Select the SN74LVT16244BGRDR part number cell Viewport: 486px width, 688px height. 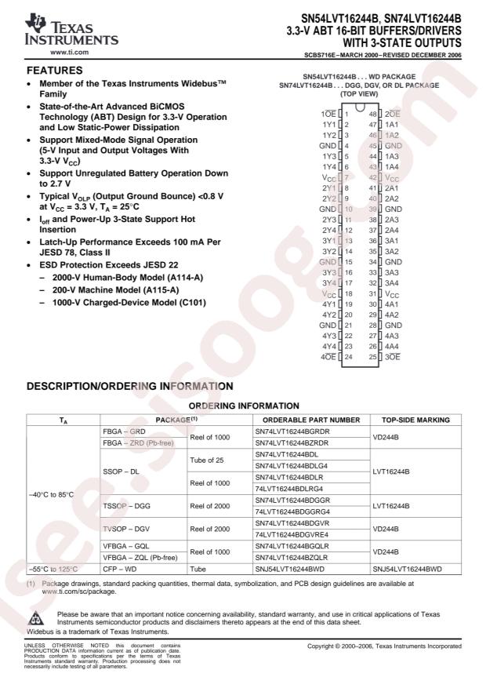[x=290, y=431]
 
